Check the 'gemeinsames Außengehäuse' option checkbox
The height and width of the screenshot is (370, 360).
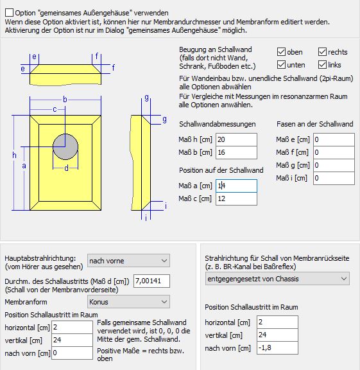pos(9,12)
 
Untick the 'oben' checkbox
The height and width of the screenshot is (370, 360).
pos(281,51)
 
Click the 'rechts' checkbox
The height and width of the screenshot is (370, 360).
pos(322,51)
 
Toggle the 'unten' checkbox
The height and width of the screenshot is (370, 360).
pos(281,65)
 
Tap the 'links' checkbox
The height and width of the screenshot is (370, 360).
pos(322,65)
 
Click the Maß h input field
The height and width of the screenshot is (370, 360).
pos(236,139)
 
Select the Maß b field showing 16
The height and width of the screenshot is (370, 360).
pos(236,152)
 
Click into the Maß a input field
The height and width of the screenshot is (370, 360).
pos(236,186)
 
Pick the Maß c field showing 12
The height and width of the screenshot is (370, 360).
pos(236,198)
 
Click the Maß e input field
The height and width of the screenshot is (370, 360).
pos(334,139)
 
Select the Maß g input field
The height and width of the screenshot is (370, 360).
pos(334,165)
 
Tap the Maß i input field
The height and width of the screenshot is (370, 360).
pos(334,178)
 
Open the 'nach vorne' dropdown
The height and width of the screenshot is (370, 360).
pos(128,261)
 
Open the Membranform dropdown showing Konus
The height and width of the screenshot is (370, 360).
pos(128,301)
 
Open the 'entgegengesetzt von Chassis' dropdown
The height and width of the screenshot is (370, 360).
pos(277,279)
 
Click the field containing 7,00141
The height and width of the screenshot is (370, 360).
pos(151,281)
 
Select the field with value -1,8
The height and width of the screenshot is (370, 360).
pos(277,348)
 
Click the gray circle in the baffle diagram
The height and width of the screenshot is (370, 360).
pos(65,146)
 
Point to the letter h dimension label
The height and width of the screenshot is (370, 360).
pos(14,155)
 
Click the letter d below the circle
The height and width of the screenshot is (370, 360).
pos(66,168)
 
